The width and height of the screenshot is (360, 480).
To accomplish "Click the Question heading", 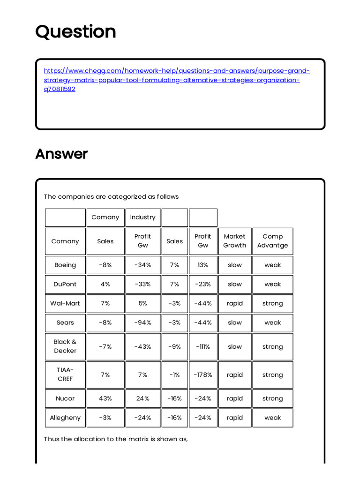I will tap(75, 32).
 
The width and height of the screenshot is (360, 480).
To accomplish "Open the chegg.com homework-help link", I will tap(177, 80).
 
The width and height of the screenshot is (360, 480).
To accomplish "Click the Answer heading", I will tap(61, 154).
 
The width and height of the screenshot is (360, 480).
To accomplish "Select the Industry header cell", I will tap(142, 217).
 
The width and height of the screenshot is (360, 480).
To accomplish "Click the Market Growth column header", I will tap(234, 241).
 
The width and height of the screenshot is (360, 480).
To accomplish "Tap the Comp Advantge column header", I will tap(272, 241).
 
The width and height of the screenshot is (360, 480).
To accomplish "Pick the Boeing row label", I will tap(65, 265).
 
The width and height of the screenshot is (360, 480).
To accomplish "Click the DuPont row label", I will tap(65, 284).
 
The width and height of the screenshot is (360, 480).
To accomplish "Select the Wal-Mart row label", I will tap(65, 303).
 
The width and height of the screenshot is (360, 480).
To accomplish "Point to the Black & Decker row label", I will tap(65, 346).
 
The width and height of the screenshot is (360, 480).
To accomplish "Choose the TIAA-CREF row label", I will tap(65, 375).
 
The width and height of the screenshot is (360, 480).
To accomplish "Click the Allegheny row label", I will tap(65, 418).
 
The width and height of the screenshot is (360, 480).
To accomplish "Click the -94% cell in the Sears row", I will tap(142, 322).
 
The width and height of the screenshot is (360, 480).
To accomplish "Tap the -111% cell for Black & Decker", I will tap(203, 347).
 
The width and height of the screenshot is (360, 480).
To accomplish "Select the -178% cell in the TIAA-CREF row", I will tap(203, 375).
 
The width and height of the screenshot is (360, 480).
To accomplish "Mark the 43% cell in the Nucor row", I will tap(105, 398).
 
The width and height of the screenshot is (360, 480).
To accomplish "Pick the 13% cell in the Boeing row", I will tap(203, 265).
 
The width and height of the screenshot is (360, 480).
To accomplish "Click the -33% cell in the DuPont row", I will tap(142, 284).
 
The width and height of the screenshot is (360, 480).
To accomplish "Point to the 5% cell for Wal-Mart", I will tap(142, 303).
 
